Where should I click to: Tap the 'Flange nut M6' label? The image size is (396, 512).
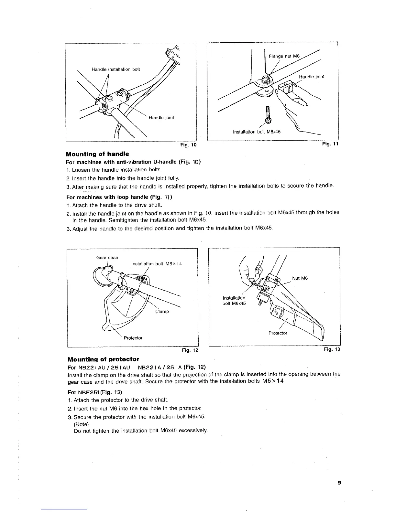tap(284, 56)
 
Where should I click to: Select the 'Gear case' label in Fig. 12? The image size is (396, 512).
tap(107, 258)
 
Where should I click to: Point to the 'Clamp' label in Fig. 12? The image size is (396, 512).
tap(162, 312)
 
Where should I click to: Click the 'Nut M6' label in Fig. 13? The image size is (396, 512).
tap(300, 278)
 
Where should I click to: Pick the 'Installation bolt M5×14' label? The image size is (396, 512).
tap(157, 264)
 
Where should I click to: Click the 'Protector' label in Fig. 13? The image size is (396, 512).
tap(278, 333)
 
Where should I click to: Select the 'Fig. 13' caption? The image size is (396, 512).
tap(332, 349)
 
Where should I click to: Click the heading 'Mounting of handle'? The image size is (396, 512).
tap(97, 154)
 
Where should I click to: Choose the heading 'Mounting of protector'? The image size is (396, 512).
tap(103, 359)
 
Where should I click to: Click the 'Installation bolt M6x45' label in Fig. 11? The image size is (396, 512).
tap(257, 132)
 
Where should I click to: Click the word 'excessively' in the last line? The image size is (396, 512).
tap(193, 431)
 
